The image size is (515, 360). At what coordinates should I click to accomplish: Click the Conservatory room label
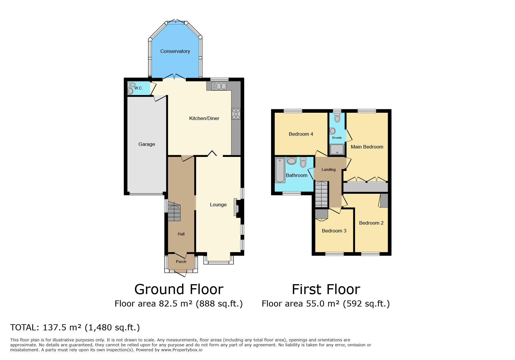coord(175,51)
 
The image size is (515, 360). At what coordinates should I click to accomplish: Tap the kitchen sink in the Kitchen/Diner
coord(219,86)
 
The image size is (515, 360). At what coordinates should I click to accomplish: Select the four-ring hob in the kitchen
coord(236,114)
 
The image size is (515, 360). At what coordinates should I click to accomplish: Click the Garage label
coord(147,144)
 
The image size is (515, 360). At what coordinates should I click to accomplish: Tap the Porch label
coord(181,262)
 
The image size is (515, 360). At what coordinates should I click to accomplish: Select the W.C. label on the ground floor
coord(139,88)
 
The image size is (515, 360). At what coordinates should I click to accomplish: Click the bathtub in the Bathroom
coord(280,170)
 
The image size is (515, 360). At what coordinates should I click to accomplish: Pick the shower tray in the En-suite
coord(337,149)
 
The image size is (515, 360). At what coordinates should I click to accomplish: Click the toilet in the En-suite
coord(337,118)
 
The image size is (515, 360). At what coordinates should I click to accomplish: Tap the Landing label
coord(329,170)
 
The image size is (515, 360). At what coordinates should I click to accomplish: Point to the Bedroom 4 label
coord(301,134)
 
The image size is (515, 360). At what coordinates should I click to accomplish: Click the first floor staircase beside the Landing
coord(322,194)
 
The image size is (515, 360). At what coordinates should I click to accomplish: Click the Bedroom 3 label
coord(334,231)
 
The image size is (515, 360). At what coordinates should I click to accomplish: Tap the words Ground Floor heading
coord(179,289)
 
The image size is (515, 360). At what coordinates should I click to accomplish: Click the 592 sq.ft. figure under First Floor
coord(366,304)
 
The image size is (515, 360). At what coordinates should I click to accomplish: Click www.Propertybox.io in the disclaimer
coord(181,350)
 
